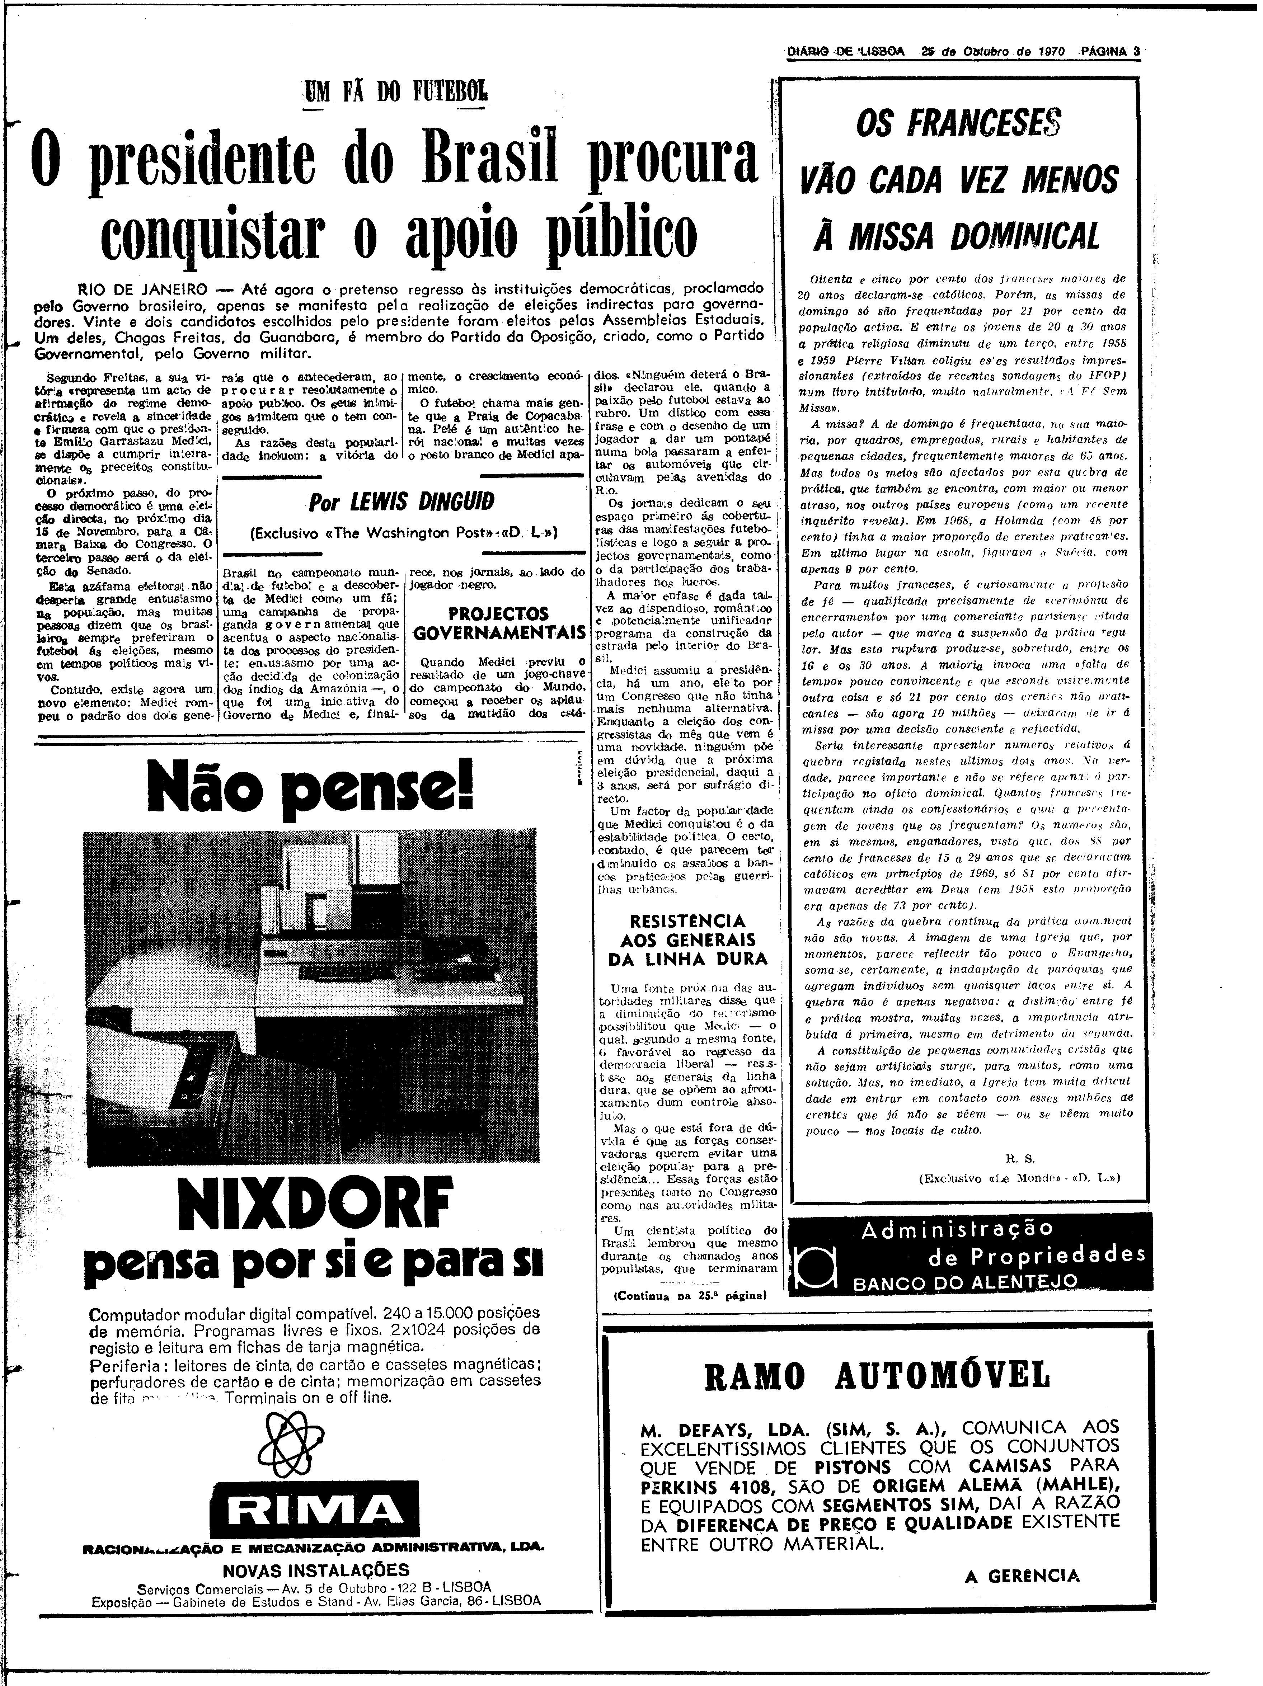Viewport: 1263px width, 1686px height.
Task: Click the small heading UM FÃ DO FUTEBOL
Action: [x=395, y=95]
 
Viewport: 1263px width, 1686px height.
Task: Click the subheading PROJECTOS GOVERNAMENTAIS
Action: [x=498, y=623]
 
